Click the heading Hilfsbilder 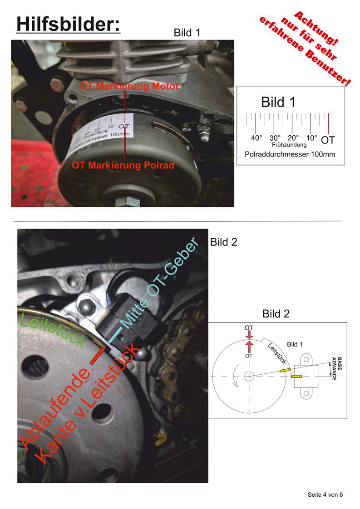point(68,24)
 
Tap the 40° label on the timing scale point(256,137)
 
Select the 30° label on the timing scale point(275,137)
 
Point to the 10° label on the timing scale point(311,137)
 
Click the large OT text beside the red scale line point(328,140)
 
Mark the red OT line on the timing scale point(329,123)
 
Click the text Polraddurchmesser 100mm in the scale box point(290,154)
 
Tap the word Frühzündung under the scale point(289,145)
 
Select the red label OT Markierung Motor point(129,86)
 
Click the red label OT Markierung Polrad point(123,165)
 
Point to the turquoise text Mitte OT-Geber point(159,283)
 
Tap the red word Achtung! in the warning point(316,28)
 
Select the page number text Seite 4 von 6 point(325,495)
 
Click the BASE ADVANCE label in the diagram point(337,368)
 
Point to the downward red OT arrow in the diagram point(249,335)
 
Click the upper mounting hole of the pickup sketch point(306,360)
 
